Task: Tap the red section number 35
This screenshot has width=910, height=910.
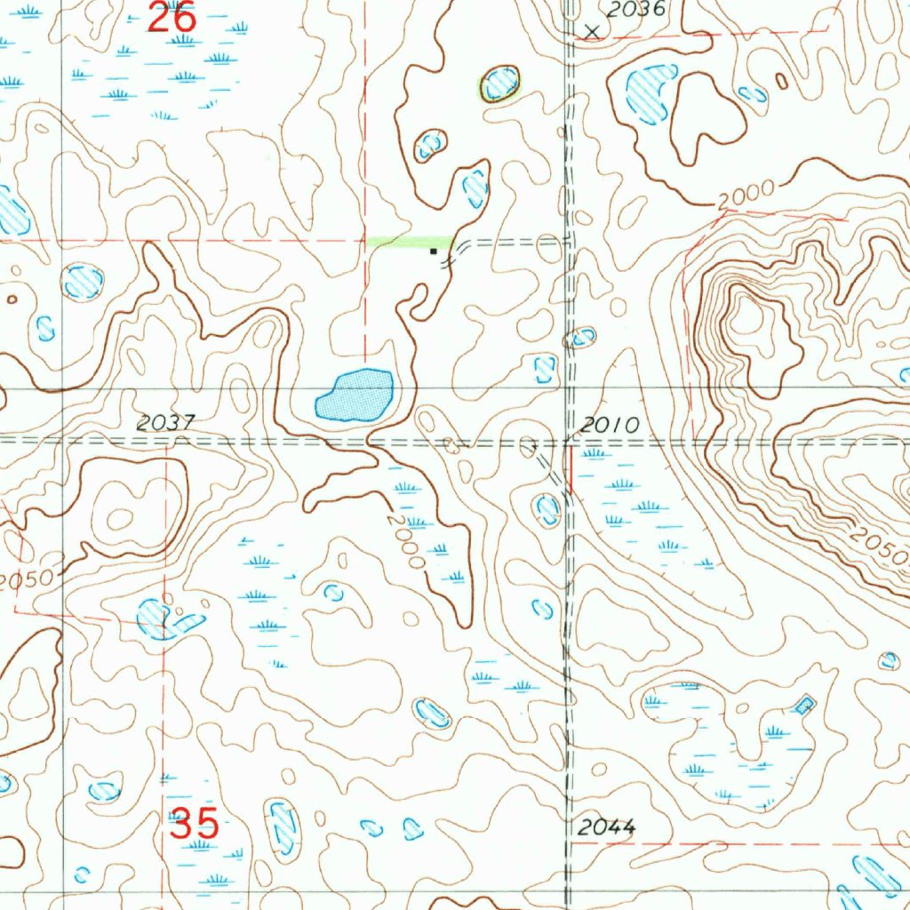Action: pyautogui.click(x=195, y=824)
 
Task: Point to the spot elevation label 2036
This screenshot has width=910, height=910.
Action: pyautogui.click(x=635, y=10)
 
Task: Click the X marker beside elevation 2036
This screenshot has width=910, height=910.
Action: pyautogui.click(x=592, y=31)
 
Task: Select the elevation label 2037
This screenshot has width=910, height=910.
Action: pyautogui.click(x=165, y=424)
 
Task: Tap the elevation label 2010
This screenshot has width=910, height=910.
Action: pyautogui.click(x=610, y=426)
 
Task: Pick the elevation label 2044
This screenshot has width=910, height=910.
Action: pyautogui.click(x=606, y=827)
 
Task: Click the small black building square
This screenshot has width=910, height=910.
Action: pyautogui.click(x=434, y=251)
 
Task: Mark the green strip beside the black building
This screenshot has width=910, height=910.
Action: pyautogui.click(x=409, y=241)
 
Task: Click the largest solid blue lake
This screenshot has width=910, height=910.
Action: pyautogui.click(x=355, y=395)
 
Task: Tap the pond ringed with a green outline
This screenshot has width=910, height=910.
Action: pyautogui.click(x=500, y=84)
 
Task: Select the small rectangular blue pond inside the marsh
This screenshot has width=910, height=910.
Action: pyautogui.click(x=804, y=706)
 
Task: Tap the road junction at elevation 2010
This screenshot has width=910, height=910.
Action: pyautogui.click(x=569, y=441)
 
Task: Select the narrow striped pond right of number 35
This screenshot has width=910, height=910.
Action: pyautogui.click(x=283, y=826)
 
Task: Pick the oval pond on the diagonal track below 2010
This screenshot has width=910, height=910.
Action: pyautogui.click(x=547, y=509)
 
